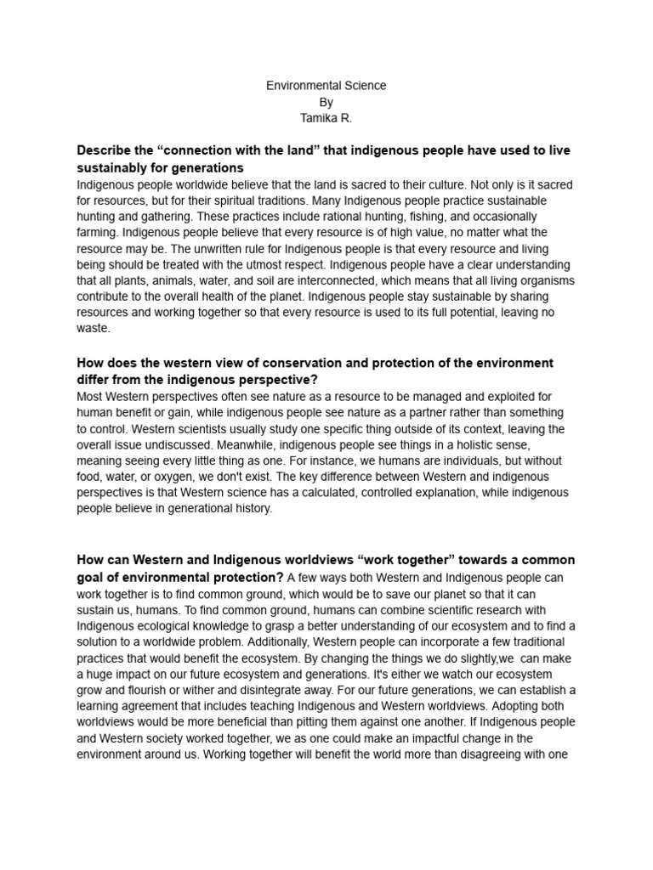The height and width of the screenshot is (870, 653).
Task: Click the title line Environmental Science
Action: click(x=326, y=86)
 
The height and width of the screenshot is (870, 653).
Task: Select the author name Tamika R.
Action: click(x=326, y=118)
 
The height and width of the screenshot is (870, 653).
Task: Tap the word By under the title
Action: click(x=326, y=102)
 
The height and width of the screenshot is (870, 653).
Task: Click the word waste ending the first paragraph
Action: click(x=92, y=328)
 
